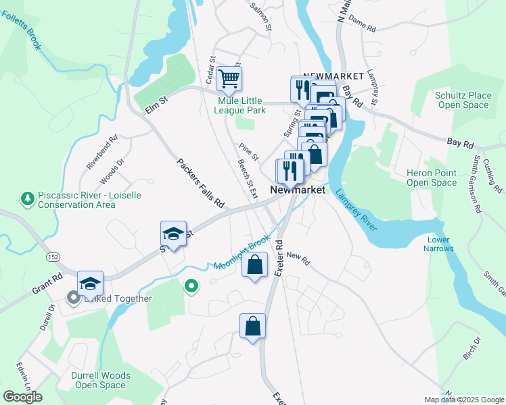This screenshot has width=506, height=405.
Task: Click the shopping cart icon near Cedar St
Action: pyautogui.click(x=229, y=78)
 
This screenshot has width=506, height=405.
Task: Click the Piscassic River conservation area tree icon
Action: pyautogui.click(x=27, y=198)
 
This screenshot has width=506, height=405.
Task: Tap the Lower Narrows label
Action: pyautogui.click(x=439, y=244)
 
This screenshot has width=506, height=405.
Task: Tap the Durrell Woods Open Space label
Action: pyautogui.click(x=100, y=380)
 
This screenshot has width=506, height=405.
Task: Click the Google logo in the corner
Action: pyautogui.click(x=23, y=397)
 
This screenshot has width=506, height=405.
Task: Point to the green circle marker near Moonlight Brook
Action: pyautogui.click(x=191, y=286)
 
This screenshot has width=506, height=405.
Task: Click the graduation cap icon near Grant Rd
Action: pyautogui.click(x=90, y=283)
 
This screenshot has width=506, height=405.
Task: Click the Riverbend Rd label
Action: pyautogui.click(x=102, y=152)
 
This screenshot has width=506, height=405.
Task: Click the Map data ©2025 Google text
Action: pyautogui.click(x=464, y=400)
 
